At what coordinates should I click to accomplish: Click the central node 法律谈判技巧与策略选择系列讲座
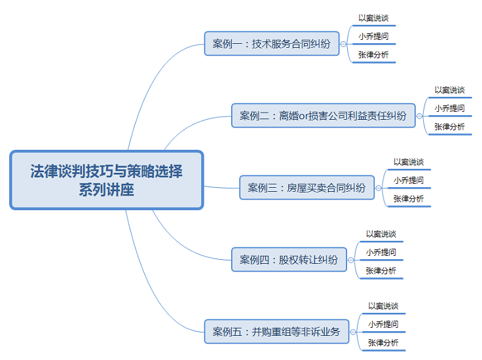[107, 180]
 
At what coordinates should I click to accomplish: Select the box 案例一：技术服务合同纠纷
[271, 45]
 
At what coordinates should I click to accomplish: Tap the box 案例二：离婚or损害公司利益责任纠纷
[323, 116]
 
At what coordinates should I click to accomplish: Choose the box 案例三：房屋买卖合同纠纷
[306, 188]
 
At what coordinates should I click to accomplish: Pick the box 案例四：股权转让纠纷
[289, 260]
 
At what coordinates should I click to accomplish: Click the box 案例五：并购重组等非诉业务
[276, 332]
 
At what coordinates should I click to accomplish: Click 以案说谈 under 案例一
[373, 18]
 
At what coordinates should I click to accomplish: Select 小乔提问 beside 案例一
[373, 37]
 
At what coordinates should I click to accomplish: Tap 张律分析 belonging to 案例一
[373, 55]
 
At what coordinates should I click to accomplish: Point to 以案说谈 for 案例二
[449, 90]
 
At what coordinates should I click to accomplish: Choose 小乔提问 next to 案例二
[449, 109]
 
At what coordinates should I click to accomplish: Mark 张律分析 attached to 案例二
[449, 127]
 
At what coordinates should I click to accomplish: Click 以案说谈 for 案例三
[409, 162]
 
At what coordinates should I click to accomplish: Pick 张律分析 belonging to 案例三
[409, 199]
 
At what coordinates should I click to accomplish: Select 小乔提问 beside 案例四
[381, 253]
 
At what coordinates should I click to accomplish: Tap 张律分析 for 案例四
[381, 271]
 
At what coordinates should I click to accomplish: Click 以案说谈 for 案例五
[383, 306]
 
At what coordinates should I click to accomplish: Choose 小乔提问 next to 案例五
[383, 325]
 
